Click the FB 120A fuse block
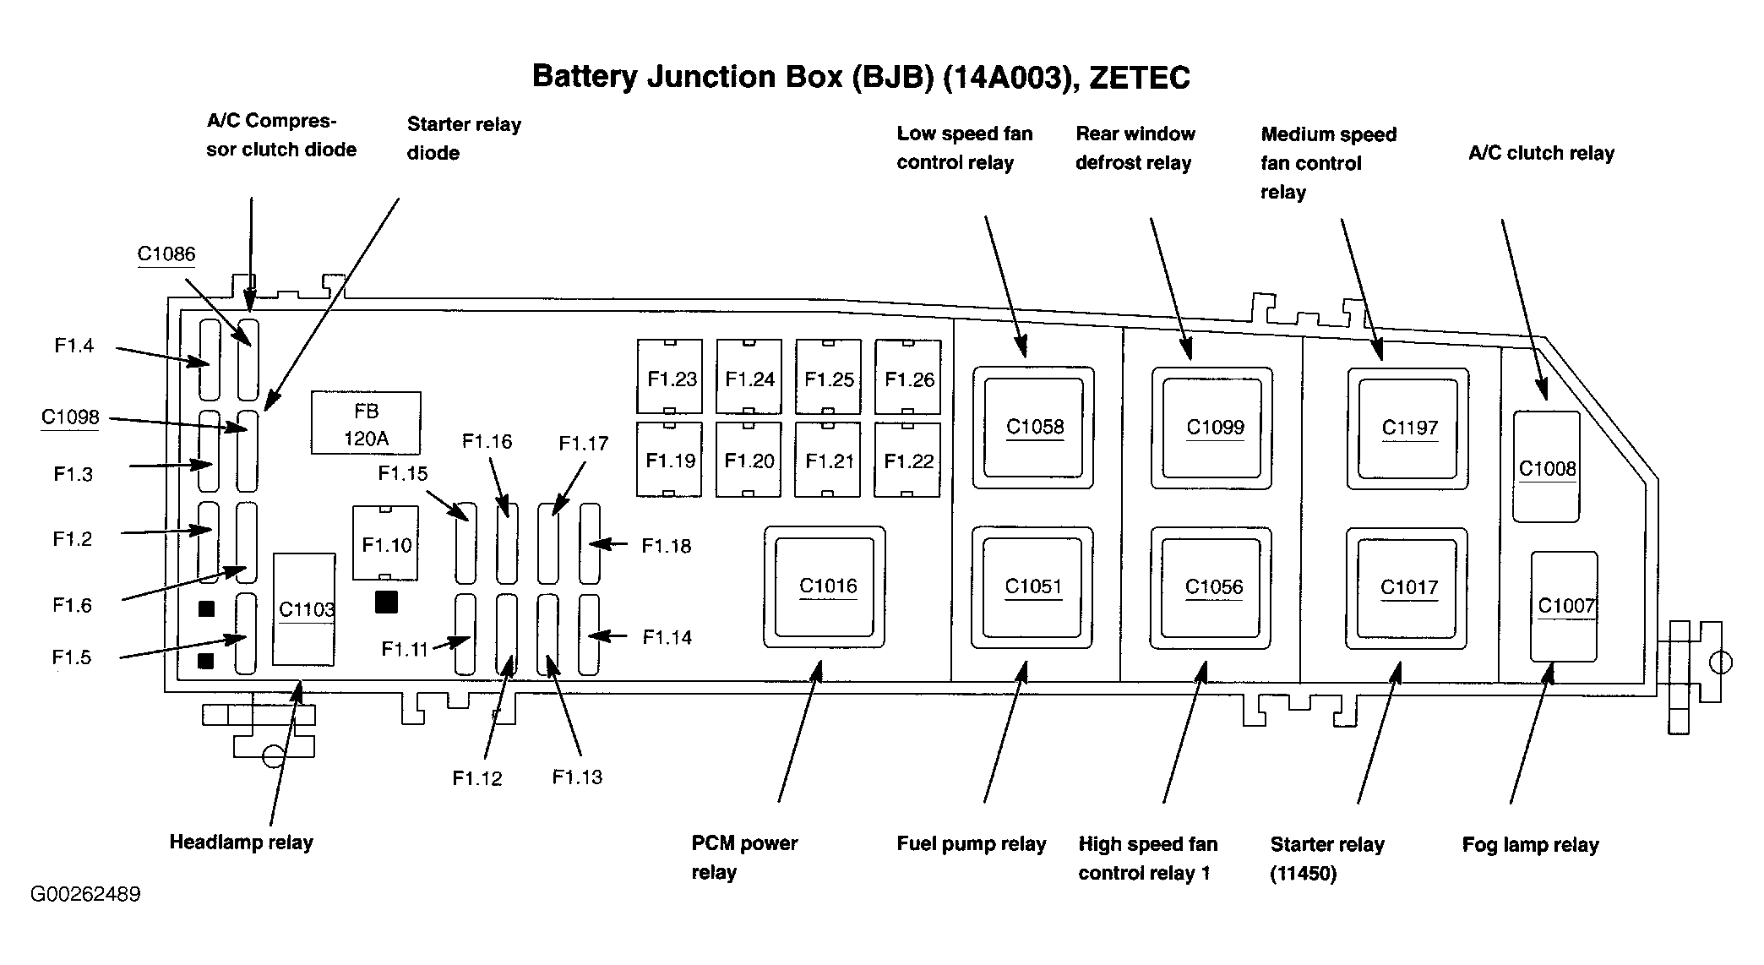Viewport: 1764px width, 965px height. tap(366, 423)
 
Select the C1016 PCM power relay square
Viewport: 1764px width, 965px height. tap(825, 587)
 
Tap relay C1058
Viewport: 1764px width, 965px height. tap(1033, 428)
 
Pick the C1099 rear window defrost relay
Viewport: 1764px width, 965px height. tap(1213, 428)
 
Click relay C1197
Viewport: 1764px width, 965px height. tap(1408, 428)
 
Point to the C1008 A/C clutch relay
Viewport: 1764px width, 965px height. tap(1546, 467)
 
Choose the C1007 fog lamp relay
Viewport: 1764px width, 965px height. tap(1564, 606)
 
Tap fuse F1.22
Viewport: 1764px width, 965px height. tap(907, 460)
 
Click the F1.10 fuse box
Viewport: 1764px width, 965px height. tap(385, 543)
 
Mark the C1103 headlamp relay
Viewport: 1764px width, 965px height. tap(304, 609)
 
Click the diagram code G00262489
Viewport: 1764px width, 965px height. tap(85, 894)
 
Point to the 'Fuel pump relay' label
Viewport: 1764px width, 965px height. tap(971, 844)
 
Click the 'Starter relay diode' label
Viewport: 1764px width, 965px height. tap(463, 139)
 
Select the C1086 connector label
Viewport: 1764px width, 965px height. tap(166, 254)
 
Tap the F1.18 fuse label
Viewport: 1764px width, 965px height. tap(666, 546)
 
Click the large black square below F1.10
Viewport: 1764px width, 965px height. tap(386, 602)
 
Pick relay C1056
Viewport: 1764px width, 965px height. tap(1213, 588)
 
